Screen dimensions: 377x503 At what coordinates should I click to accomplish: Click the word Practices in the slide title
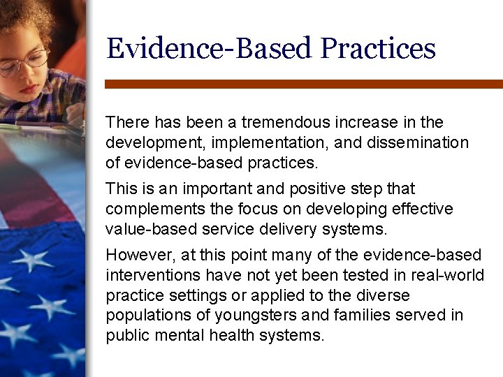pos(378,49)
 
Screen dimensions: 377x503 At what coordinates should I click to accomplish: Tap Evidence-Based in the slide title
pos(209,49)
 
